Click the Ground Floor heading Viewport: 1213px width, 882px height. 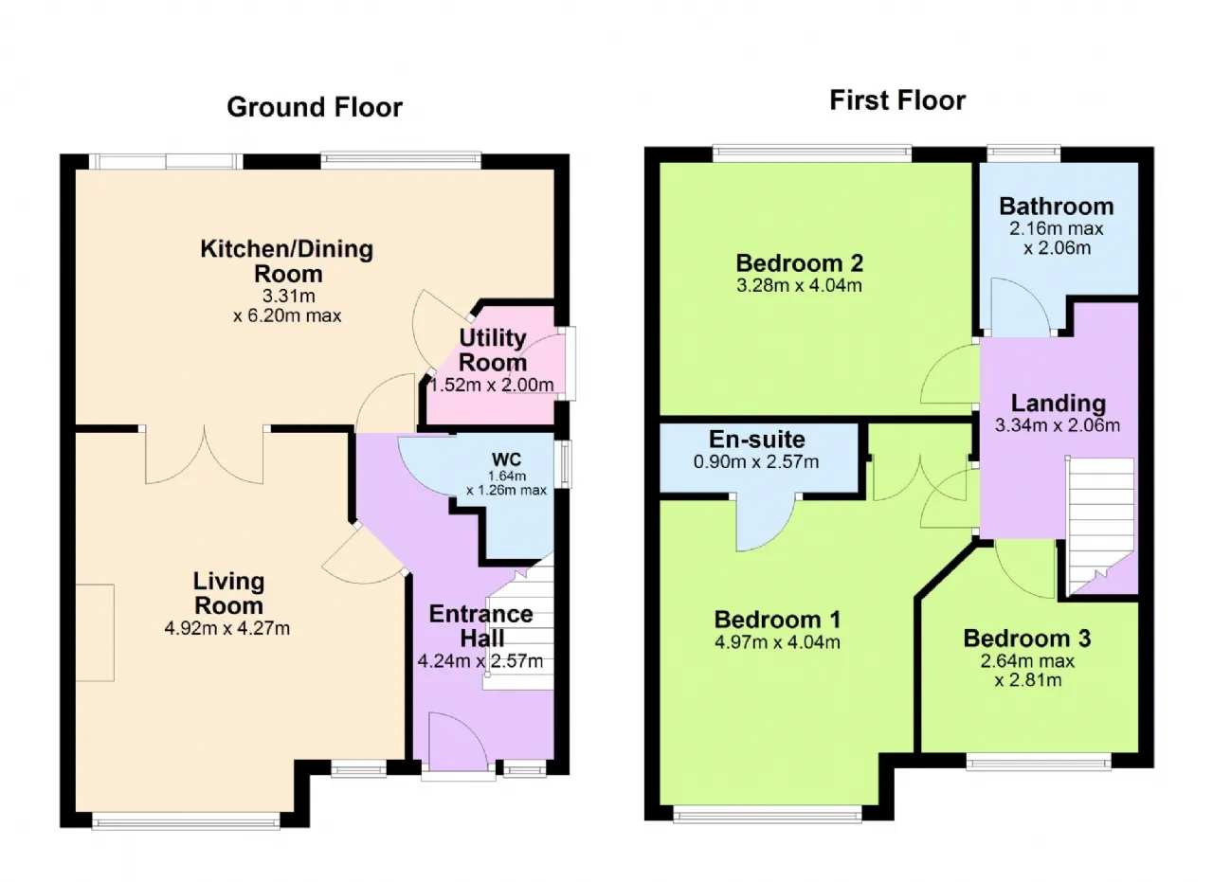coord(315,107)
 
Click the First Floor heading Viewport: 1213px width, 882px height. coord(897,100)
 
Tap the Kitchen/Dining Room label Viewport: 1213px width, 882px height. coord(287,261)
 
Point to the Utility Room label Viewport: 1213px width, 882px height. coord(492,351)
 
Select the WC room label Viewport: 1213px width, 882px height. coord(506,459)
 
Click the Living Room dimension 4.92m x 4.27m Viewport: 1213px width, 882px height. coord(226,629)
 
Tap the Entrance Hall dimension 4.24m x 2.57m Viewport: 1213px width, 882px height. coord(480,661)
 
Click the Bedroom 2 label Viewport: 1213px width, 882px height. coord(799,263)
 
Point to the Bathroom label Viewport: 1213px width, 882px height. coord(1057,207)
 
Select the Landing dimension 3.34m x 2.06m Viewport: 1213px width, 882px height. coord(1058,425)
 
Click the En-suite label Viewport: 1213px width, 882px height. coord(756,439)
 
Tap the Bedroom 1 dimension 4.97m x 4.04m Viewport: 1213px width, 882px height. coord(777,642)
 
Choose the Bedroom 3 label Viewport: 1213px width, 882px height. coord(1026,639)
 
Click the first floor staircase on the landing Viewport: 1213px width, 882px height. coord(1100,525)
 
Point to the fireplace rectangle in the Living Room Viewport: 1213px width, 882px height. coord(95,633)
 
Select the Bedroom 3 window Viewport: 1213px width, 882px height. coord(1040,762)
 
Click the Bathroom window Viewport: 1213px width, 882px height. coord(1023,153)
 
